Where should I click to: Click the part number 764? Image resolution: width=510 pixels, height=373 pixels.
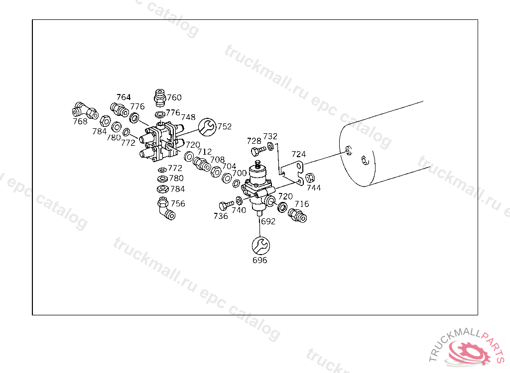coord(124,97)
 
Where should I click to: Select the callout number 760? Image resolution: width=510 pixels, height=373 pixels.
coord(174,97)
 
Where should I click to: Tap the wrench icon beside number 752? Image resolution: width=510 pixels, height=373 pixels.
coord(208,127)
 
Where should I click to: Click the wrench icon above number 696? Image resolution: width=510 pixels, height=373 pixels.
coord(260,245)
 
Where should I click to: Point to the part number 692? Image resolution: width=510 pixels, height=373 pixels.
coord(268,222)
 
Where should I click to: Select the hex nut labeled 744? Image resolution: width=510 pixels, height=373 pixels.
coord(309,178)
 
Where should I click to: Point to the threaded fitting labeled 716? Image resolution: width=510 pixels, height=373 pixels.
coord(297,215)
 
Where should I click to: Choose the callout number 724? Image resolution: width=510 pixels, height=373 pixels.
coord(299,154)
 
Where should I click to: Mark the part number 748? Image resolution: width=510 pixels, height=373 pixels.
coord(188,117)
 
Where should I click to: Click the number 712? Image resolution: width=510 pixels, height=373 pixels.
coord(204,152)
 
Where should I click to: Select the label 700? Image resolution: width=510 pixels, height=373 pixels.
coord(240,173)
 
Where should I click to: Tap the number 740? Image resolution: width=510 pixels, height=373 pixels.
coord(239,210)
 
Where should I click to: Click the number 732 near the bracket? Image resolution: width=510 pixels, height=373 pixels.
coord(270,136)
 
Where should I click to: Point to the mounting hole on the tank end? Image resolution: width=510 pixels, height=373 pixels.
coord(348,150)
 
